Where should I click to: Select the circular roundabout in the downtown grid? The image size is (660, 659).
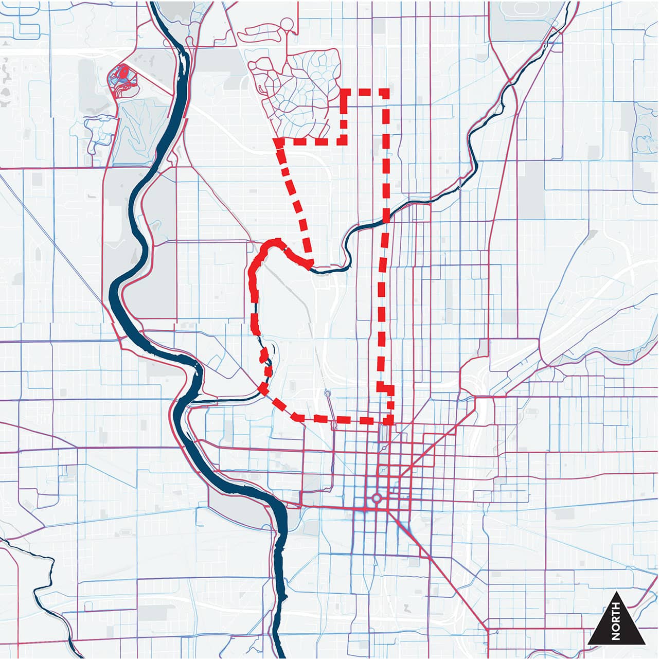(x=376, y=498)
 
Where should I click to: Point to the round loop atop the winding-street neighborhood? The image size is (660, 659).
(x=288, y=23)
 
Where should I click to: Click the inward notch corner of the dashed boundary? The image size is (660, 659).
(x=343, y=140)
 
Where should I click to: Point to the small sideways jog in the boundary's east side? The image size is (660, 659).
(x=385, y=387)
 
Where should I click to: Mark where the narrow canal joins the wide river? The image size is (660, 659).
(x=191, y=404)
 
